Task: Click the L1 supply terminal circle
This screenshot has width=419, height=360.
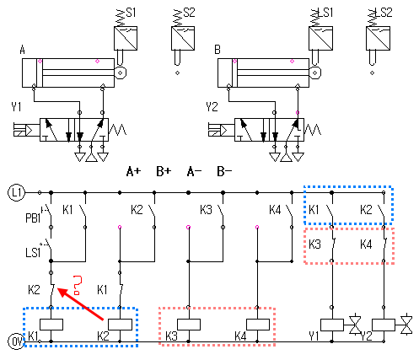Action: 17,193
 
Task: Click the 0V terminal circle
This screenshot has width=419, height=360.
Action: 17,341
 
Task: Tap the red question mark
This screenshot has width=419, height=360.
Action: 78,285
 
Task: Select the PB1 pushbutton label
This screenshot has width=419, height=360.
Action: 33,218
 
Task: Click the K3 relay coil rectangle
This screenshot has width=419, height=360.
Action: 189,325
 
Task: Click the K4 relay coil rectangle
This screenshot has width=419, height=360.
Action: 258,325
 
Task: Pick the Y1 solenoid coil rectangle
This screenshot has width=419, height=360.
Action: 332,325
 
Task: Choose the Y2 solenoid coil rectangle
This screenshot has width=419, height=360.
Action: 384,325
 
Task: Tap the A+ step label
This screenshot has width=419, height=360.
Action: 133,171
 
